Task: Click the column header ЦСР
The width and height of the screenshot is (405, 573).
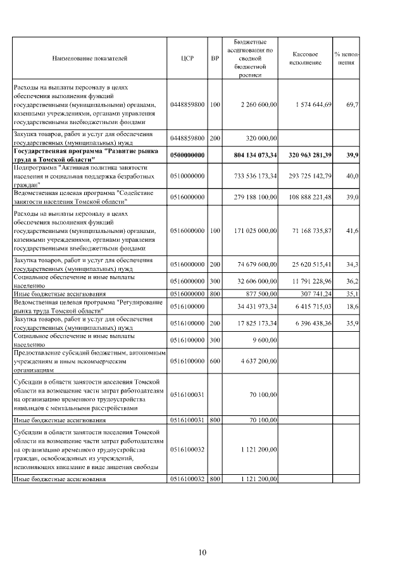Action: (x=187, y=58)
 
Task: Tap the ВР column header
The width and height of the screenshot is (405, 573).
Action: (x=215, y=58)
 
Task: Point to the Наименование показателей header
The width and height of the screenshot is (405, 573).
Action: (x=90, y=58)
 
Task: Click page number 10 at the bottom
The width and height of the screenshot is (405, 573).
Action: (x=202, y=552)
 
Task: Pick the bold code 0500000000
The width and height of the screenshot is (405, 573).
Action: (x=187, y=154)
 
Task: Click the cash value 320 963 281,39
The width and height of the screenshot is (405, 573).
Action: (x=308, y=154)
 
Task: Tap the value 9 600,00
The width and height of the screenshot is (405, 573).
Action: (x=264, y=339)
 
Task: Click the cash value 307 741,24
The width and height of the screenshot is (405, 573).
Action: (x=315, y=294)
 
